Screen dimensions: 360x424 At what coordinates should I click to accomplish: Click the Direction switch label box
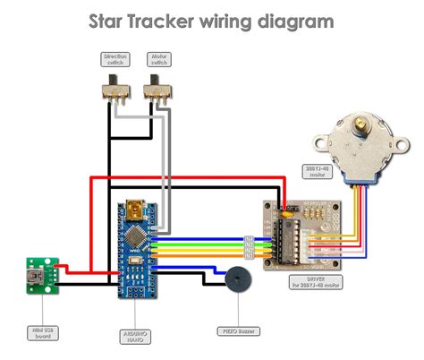coord(114,59)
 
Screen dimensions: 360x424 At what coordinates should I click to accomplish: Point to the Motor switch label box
coord(159,59)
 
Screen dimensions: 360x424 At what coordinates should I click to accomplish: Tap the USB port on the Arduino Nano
coord(136,211)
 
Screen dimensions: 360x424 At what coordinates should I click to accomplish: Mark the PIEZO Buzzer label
coord(236,330)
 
